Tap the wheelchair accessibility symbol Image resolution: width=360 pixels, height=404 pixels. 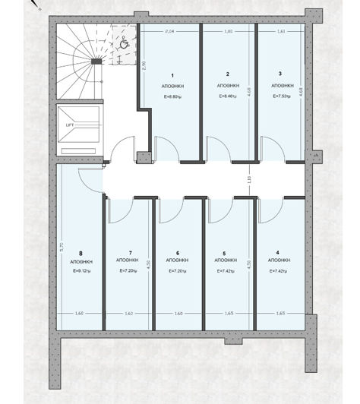(124, 43)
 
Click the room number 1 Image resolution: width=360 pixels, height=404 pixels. (172, 75)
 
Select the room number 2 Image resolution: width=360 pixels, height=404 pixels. (227, 74)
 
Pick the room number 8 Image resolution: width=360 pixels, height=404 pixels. (80, 252)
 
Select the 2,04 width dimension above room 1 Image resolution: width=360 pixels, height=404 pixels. (170, 31)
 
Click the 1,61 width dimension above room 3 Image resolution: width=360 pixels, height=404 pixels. (281, 31)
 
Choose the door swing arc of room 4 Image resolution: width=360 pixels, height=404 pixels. (271, 213)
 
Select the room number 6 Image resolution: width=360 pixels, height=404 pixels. (177, 252)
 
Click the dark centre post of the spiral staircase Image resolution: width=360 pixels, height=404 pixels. (96, 60)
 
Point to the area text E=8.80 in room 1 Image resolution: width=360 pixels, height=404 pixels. (172, 96)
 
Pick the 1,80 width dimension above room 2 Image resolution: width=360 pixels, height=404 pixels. (229, 31)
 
